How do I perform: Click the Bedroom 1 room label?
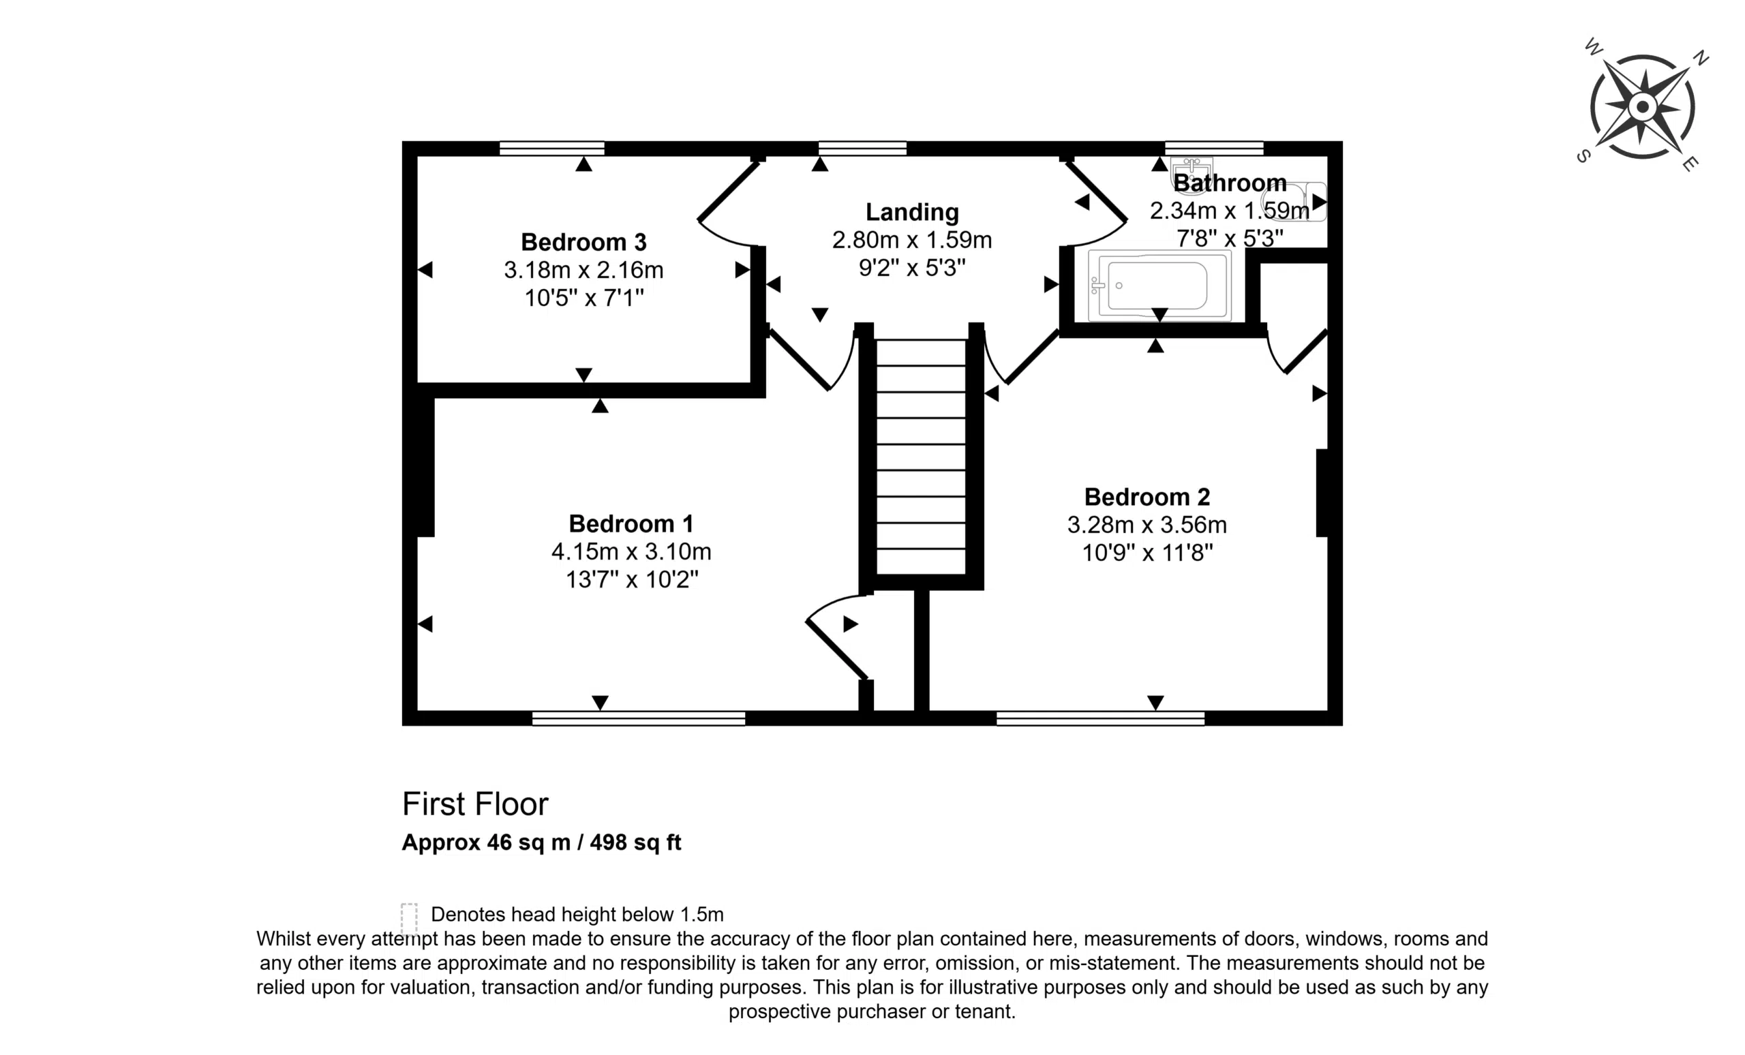pyautogui.click(x=631, y=523)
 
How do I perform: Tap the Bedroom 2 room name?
pyautogui.click(x=1147, y=497)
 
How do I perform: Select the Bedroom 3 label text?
pyautogui.click(x=583, y=242)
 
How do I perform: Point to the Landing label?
pyautogui.click(x=912, y=213)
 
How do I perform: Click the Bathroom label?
pyautogui.click(x=1230, y=183)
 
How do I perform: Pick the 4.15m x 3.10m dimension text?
pyautogui.click(x=631, y=551)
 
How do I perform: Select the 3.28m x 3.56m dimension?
pyautogui.click(x=1147, y=525)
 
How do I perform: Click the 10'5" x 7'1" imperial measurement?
pyautogui.click(x=583, y=298)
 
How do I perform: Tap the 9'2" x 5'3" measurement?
pyautogui.click(x=912, y=268)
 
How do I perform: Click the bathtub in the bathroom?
pyautogui.click(x=1160, y=286)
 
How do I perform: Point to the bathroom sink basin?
pyautogui.click(x=1192, y=174)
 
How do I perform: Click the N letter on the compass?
pyautogui.click(x=1701, y=58)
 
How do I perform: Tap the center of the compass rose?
pyautogui.click(x=1642, y=108)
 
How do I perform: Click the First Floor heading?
pyautogui.click(x=475, y=804)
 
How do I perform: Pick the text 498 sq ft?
pyautogui.click(x=635, y=842)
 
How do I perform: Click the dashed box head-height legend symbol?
pyautogui.click(x=410, y=920)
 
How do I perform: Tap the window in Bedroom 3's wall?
pyautogui.click(x=551, y=148)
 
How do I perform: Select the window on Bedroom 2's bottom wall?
pyautogui.click(x=1101, y=719)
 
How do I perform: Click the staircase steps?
pyautogui.click(x=922, y=457)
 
